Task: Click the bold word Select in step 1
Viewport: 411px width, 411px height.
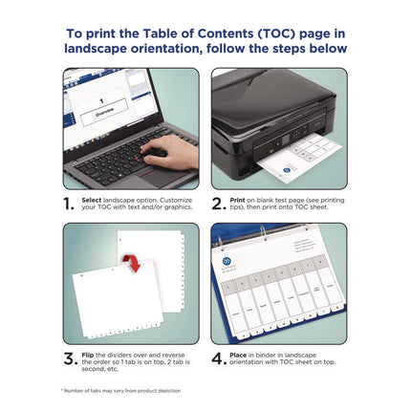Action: (93, 199)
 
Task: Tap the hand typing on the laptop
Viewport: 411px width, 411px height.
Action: (172, 149)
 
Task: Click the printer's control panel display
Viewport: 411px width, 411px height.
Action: (278, 145)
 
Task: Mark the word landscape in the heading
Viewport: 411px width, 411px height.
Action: (102, 48)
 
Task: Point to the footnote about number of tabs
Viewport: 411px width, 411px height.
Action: (121, 390)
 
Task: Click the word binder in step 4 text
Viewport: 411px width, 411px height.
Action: (276, 354)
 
